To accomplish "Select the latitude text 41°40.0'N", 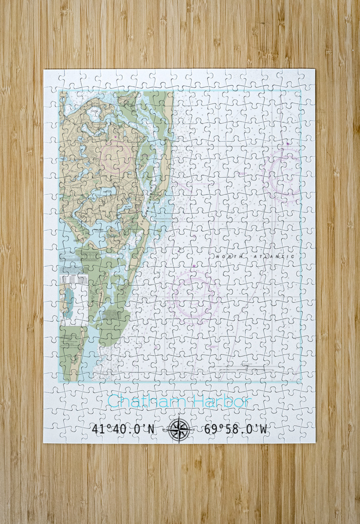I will tap(123, 429).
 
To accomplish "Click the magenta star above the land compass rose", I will tap(115, 137).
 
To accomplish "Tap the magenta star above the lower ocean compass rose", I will tap(194, 266).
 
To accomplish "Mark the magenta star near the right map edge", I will tap(288, 143).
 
